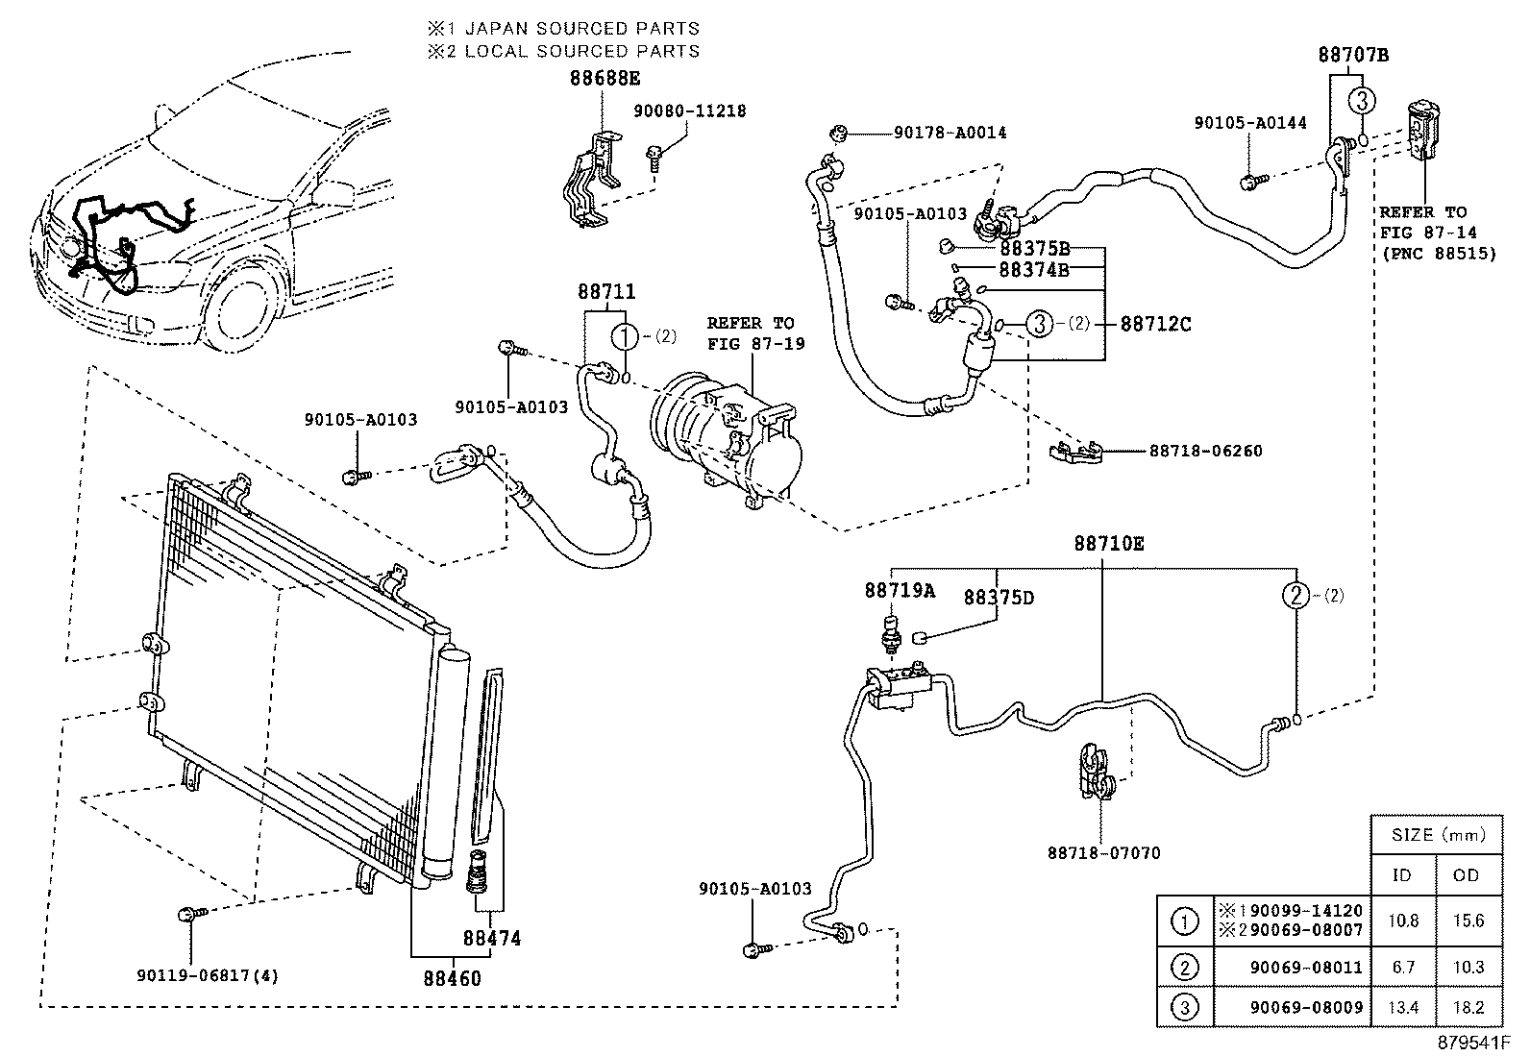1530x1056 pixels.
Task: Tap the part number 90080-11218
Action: coord(689,111)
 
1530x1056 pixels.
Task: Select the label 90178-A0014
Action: coord(950,133)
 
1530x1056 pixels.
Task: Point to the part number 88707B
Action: coord(1353,55)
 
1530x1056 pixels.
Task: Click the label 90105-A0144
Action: coord(1250,123)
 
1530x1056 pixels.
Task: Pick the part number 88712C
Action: coord(1155,325)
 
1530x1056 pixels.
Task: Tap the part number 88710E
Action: coord(1109,544)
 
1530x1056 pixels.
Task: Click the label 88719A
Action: coord(899,591)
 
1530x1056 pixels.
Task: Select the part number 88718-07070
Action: coord(1103,852)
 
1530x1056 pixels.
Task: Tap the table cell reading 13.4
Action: coord(1403,1008)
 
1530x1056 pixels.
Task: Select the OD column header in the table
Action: coord(1468,875)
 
